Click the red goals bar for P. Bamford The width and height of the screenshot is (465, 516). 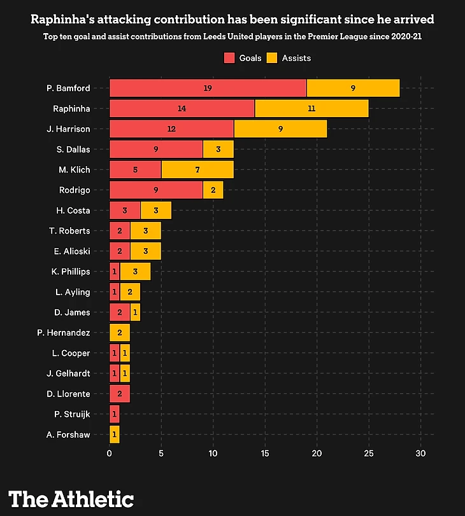[x=208, y=88]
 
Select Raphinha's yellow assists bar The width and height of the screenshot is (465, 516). [x=311, y=109]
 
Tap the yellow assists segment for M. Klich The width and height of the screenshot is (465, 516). [x=197, y=170]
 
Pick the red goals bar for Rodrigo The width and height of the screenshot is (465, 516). [x=156, y=190]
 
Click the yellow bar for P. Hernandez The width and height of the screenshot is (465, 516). [x=120, y=333]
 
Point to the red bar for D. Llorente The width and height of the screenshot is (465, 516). [x=120, y=394]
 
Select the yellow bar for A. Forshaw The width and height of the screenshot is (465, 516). [x=115, y=435]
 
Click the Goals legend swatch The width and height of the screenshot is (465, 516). [x=230, y=58]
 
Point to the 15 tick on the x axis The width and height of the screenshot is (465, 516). [x=265, y=454]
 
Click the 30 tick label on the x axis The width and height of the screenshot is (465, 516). [x=420, y=454]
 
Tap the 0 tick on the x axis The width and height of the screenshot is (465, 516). [x=110, y=454]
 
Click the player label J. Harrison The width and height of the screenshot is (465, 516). [x=68, y=129]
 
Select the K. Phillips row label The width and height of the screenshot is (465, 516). [x=70, y=272]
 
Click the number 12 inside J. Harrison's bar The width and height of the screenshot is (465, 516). [x=171, y=129]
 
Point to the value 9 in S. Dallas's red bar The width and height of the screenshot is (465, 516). [x=156, y=150]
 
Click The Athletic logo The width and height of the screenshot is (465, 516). [x=71, y=498]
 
